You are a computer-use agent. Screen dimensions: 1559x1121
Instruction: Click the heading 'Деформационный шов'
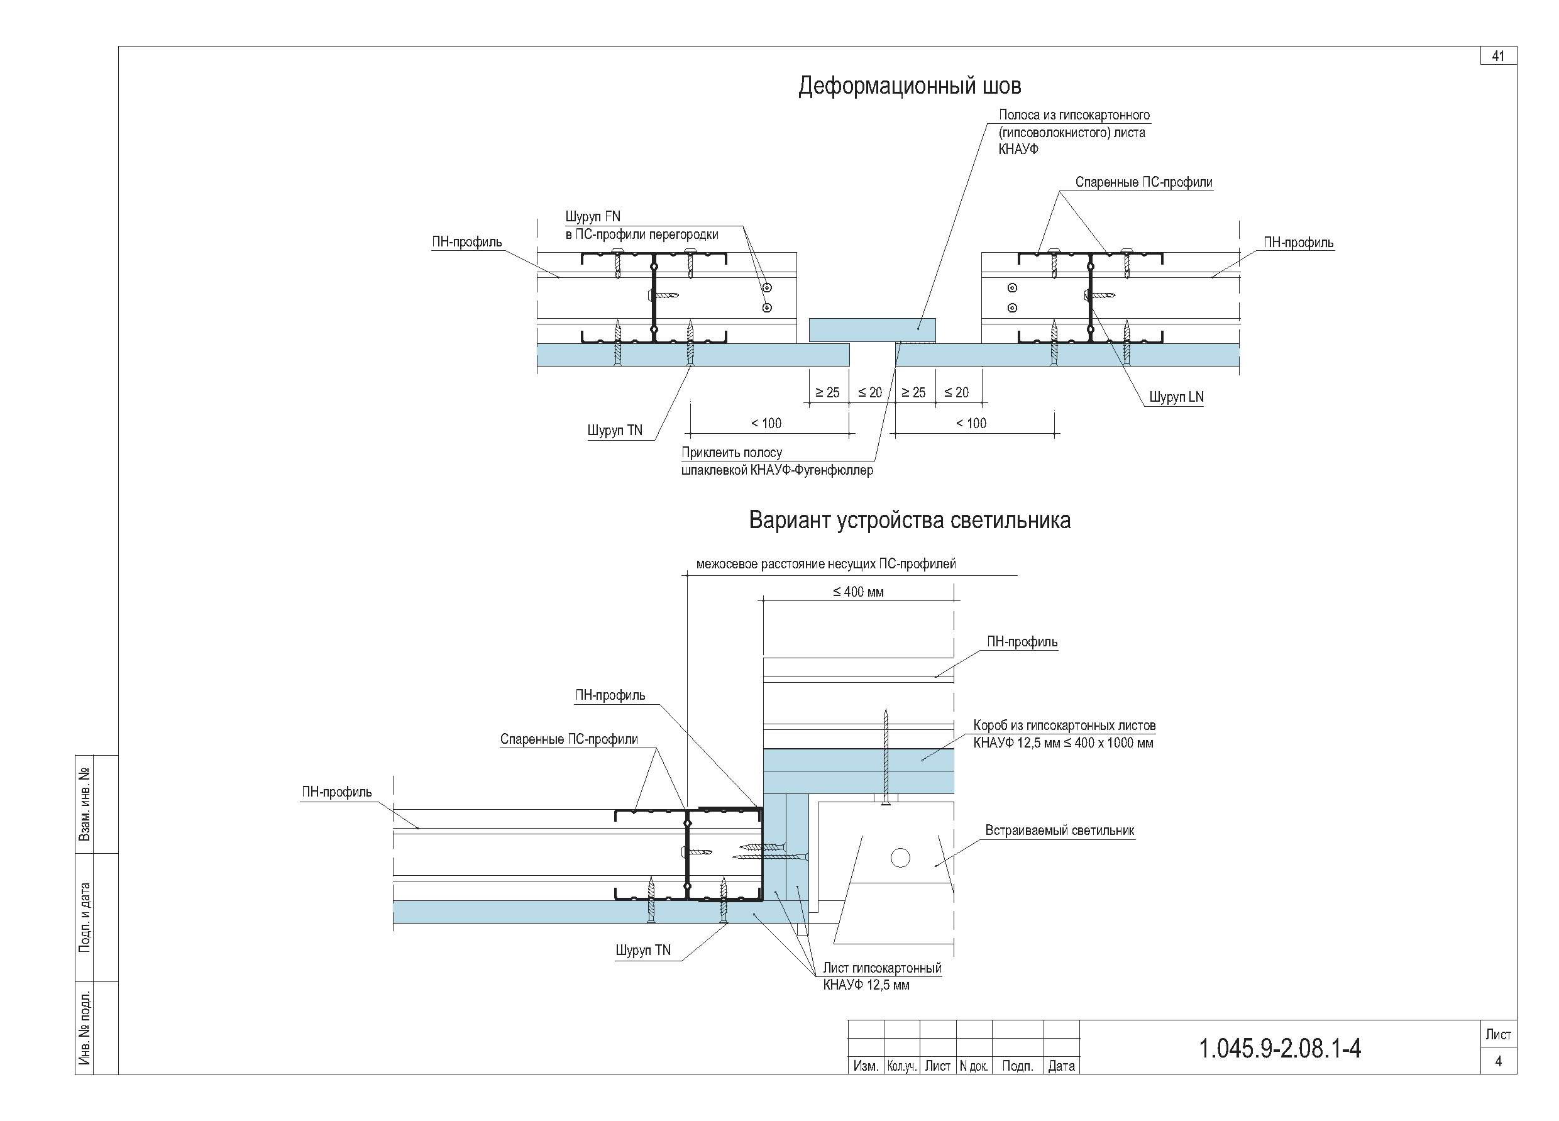pos(910,86)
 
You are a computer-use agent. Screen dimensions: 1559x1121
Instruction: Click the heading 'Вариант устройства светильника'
pos(910,521)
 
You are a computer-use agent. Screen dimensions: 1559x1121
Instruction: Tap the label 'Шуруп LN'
pos(1176,397)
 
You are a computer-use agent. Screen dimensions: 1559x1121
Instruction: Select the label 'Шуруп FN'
pos(593,216)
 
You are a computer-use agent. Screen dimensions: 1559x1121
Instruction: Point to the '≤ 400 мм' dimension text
pos(858,592)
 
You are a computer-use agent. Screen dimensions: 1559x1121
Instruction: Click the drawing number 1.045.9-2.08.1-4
pos(1280,1048)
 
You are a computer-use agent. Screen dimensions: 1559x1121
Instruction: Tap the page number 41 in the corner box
pos(1499,57)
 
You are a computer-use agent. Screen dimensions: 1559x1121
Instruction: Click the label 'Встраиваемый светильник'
pos(1059,831)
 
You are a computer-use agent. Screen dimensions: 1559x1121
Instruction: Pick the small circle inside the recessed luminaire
pos(900,858)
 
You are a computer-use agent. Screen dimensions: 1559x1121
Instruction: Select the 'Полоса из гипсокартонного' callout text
pos(1074,115)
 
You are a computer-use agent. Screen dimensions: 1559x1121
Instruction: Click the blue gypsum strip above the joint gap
pos(872,330)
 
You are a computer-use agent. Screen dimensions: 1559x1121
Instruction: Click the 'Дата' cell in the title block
pos(1061,1066)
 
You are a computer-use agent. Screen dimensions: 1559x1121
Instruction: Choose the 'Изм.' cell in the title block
pos(866,1066)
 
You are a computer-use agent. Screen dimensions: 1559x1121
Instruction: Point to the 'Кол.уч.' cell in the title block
pos(902,1066)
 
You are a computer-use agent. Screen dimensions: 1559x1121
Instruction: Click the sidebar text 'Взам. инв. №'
pos(85,804)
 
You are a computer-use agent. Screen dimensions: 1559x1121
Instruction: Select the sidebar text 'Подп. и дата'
pos(85,917)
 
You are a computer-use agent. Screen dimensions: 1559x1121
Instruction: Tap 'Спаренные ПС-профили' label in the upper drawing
pos(1144,182)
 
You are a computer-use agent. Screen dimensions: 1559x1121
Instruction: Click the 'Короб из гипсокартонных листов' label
pos(1064,725)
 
